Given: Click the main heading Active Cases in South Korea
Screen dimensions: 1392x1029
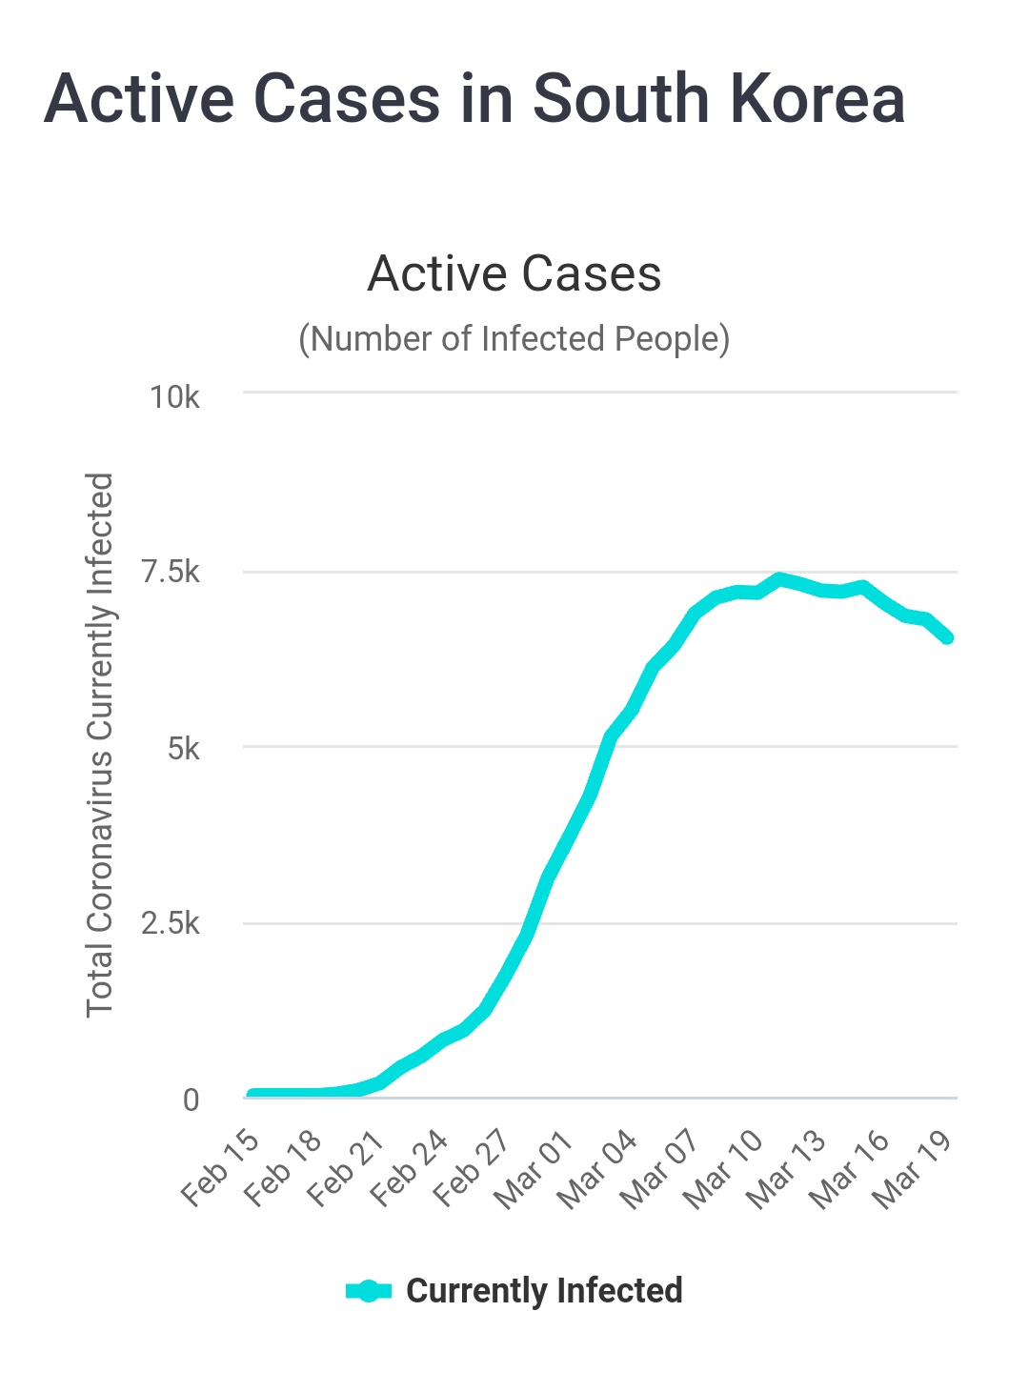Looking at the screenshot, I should pos(474,99).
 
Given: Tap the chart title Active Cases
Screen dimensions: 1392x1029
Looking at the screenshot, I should pos(514,273).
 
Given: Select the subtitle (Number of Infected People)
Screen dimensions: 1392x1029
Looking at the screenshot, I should pos(514,338).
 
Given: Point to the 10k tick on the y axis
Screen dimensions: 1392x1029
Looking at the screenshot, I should pos(174,396).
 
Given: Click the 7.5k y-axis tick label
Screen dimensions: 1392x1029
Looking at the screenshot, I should pos(171,572).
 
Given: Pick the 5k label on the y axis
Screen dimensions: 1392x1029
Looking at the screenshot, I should pos(183,748).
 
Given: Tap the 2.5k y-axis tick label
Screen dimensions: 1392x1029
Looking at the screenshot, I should pos(171,923).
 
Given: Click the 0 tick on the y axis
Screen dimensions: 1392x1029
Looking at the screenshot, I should pos(191,1099).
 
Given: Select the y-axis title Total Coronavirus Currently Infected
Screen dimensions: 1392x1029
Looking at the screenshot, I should pos(100,745).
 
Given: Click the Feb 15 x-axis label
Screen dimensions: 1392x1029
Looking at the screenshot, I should pos(220,1168).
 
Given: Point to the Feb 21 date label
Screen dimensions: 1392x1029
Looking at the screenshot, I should pos(346,1168).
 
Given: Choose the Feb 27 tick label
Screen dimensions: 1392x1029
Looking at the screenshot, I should pos(472,1168).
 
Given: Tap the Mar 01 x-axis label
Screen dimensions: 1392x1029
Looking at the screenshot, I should pos(534,1170).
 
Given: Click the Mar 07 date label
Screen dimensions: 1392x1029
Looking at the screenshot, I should pos(659,1170).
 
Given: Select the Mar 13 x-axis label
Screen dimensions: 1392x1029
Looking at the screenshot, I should pos(786,1170).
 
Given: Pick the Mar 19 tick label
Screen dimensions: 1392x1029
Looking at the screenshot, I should pos(912,1170).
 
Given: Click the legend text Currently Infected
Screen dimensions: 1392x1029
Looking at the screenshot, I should pos(544,1291).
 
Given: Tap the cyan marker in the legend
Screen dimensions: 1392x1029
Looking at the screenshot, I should pos(369,1291).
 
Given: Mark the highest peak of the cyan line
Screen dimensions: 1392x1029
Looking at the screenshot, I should pos(780,578).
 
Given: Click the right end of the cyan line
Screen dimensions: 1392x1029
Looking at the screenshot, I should pos(948,637).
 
